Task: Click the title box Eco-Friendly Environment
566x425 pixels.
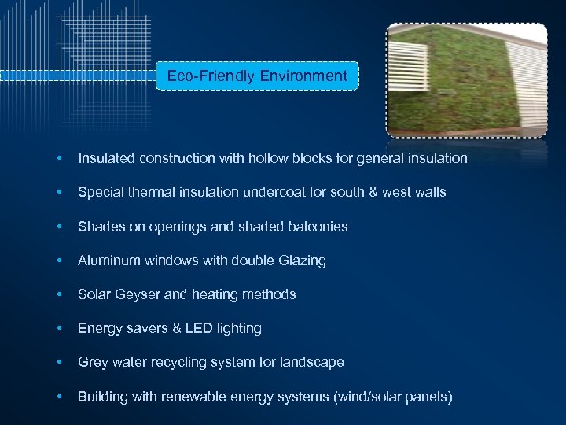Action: (257, 76)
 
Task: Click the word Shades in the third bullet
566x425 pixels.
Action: (98, 227)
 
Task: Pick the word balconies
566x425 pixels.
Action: (318, 227)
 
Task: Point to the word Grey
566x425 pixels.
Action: (92, 363)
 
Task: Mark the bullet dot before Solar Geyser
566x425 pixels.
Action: (60, 294)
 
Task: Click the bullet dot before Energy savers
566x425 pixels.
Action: (60, 328)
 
